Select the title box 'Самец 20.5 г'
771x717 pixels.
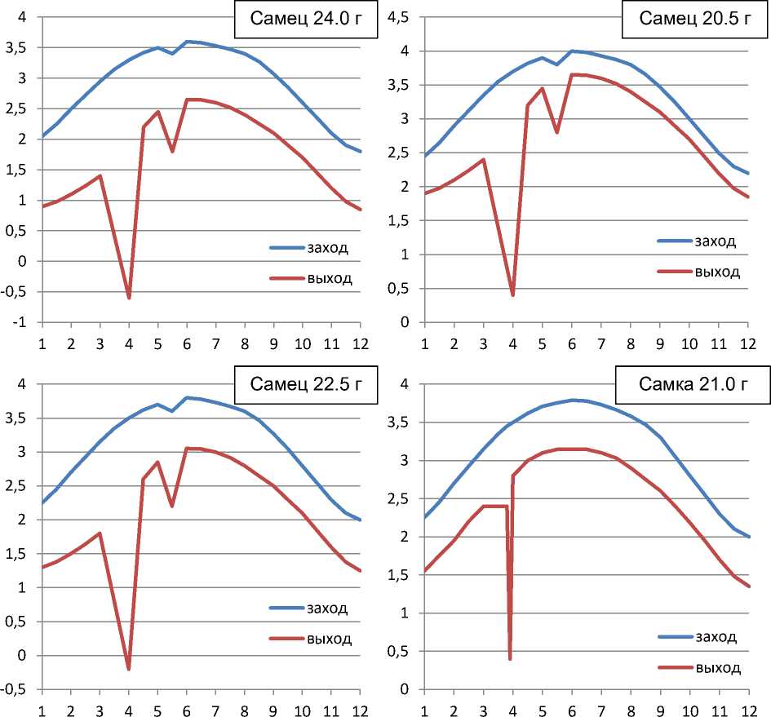click(694, 20)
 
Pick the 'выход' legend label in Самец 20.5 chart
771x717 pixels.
click(717, 272)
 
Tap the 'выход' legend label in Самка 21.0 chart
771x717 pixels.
click(718, 668)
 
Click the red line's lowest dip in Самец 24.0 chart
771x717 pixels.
click(129, 298)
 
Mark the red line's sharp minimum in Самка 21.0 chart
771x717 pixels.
click(510, 658)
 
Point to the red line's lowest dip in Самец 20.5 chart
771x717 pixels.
click(512, 294)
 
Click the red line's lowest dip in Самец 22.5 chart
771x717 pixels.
click(129, 669)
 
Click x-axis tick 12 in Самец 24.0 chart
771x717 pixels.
click(360, 343)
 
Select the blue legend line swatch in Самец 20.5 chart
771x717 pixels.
click(672, 241)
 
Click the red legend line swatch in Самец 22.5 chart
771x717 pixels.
click(285, 639)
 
